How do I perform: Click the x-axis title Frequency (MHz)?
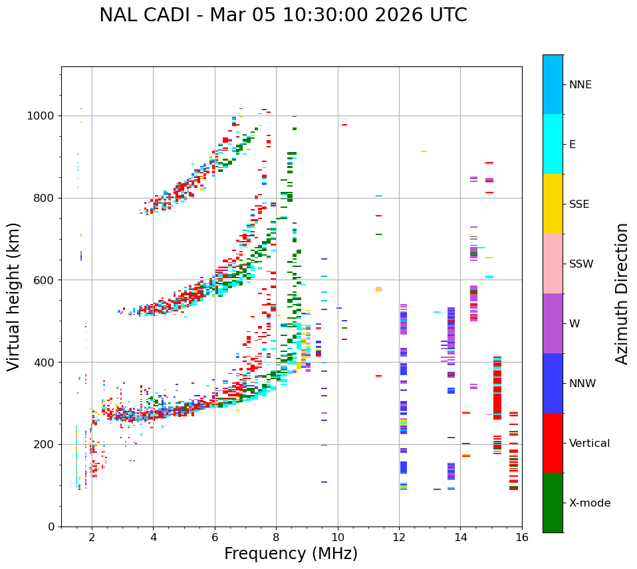coord(291,554)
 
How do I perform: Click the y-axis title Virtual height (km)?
coord(14,296)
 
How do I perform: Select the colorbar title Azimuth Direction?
coord(622,293)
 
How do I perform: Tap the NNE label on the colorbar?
coord(580,85)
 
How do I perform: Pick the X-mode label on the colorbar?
coord(590,503)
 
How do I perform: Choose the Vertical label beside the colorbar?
coord(590,444)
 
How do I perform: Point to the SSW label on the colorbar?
coord(581,264)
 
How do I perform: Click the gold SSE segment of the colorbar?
coord(553,204)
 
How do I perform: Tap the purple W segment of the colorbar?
coord(553,323)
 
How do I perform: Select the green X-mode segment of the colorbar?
coord(553,503)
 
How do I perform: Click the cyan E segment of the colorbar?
coord(553,144)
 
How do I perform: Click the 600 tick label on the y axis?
coord(45,280)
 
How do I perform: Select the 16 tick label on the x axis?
coord(521,537)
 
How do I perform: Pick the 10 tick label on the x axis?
coord(337,537)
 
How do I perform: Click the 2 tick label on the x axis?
coord(92,537)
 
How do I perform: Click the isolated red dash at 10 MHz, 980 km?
coord(344,125)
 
